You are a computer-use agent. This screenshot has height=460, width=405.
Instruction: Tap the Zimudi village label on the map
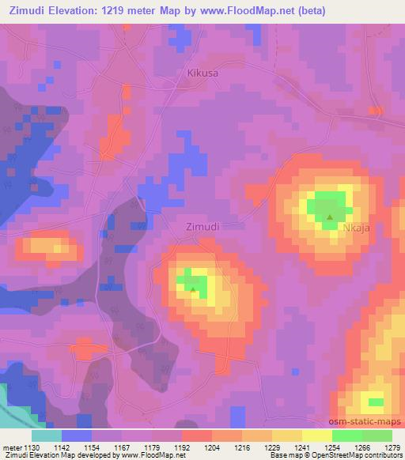[202, 226]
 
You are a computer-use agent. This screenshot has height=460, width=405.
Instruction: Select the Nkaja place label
[357, 227]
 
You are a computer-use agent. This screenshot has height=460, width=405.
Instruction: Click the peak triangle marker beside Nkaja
[330, 217]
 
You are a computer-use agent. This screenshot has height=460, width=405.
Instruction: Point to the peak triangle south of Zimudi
[193, 289]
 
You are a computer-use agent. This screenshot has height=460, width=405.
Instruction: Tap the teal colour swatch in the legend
[47, 435]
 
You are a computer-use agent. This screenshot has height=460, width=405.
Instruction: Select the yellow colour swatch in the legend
[286, 435]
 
